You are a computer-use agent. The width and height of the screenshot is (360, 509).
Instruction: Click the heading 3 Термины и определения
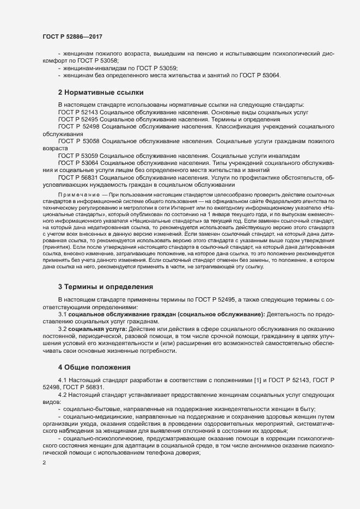(105, 286)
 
